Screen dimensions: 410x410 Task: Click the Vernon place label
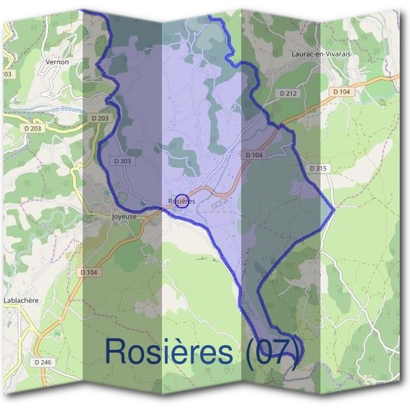tap(57, 62)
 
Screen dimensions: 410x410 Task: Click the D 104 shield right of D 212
tap(342, 91)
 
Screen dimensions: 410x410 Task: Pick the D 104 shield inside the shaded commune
tap(254, 156)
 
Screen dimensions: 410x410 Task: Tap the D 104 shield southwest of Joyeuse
tap(89, 272)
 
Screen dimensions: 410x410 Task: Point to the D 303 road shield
tap(122, 161)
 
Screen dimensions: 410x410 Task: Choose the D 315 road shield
tap(318, 168)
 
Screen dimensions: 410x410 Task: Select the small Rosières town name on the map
tap(182, 201)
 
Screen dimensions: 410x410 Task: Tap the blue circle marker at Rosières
tap(181, 200)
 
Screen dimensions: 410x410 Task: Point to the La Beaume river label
tap(66, 109)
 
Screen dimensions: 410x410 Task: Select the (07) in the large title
tap(273, 351)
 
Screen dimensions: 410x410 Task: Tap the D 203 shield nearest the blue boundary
tap(100, 118)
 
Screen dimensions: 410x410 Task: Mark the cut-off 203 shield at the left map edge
tap(7, 74)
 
